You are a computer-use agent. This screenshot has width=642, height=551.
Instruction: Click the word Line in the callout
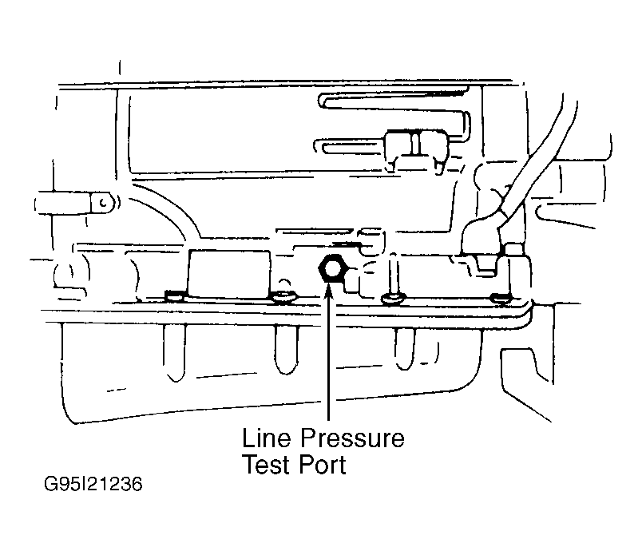pos(266,438)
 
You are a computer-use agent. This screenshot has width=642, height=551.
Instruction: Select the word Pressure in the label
pos(352,438)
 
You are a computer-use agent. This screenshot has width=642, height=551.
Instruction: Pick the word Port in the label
pos(323,465)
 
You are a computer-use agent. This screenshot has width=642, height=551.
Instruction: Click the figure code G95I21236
pos(93,484)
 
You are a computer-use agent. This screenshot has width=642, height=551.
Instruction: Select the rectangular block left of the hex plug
pos(229,275)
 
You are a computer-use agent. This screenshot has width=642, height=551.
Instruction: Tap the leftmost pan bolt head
pos(175,295)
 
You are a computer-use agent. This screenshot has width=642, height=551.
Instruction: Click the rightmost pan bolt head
pos(501,298)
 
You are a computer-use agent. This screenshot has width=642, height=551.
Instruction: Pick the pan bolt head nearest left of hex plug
pos(284,297)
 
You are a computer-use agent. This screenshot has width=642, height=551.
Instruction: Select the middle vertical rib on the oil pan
pos(286,350)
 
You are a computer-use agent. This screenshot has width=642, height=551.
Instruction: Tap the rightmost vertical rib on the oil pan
pos(406,349)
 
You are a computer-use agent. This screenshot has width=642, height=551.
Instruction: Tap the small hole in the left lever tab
pos(104,203)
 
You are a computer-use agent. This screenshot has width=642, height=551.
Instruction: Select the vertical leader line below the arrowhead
pos(329,359)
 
